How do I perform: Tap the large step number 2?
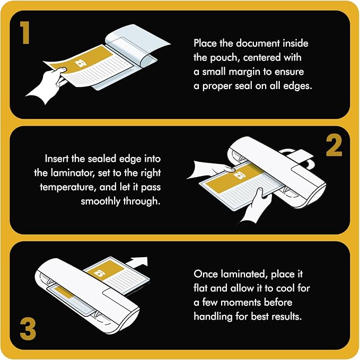point(333,145)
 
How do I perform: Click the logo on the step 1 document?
point(81,63)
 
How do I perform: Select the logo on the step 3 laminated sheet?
point(99,273)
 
